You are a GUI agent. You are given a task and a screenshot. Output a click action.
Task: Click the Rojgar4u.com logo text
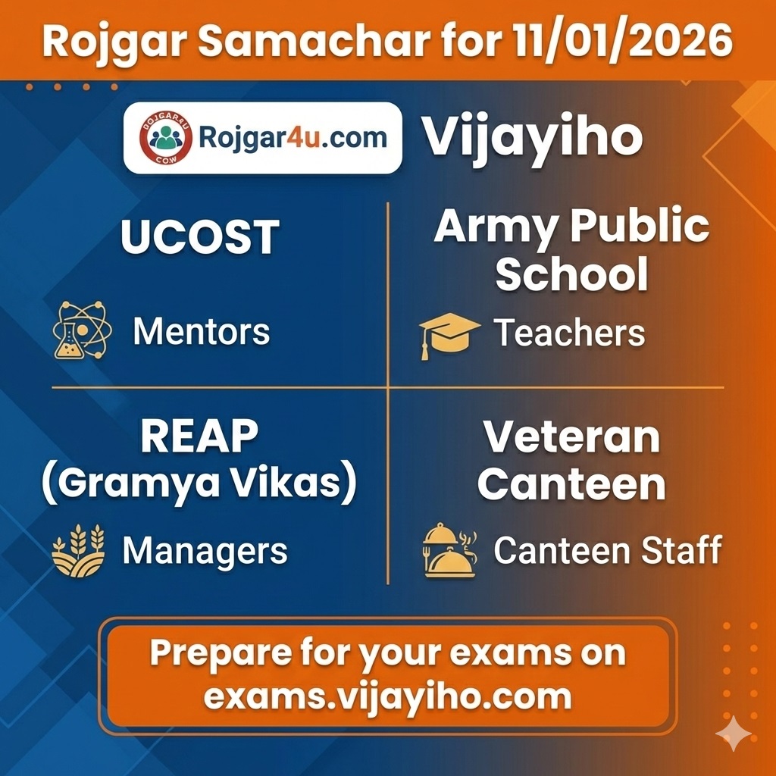(x=293, y=138)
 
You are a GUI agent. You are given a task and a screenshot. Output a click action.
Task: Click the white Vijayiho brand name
(x=532, y=138)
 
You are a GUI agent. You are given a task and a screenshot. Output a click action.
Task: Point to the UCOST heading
(x=200, y=237)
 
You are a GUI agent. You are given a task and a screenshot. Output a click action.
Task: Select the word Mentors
(x=201, y=332)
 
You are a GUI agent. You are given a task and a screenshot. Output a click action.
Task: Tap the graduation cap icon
(x=449, y=334)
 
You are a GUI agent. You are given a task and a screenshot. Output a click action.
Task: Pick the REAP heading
(x=200, y=437)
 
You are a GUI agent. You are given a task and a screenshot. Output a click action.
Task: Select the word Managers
(x=205, y=551)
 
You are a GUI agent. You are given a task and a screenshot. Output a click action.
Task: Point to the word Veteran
(x=571, y=437)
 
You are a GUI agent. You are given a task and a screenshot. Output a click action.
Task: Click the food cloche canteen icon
(x=449, y=551)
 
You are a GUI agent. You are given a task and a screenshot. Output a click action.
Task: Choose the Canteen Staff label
(x=608, y=551)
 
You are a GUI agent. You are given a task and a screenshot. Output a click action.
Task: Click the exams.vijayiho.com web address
(x=387, y=696)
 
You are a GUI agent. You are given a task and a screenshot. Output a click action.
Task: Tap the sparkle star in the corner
(x=734, y=733)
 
